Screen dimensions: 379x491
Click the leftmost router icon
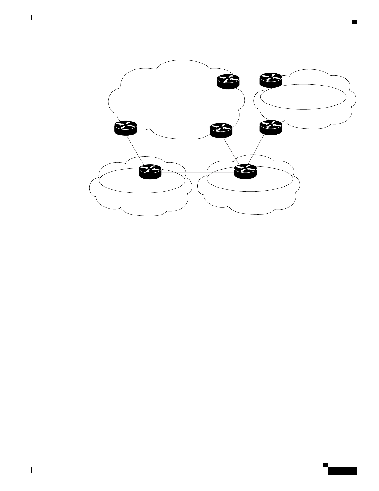pyautogui.click(x=125, y=128)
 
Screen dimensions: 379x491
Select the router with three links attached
pyautogui.click(x=246, y=171)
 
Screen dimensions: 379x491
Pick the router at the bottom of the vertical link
pyautogui.click(x=271, y=127)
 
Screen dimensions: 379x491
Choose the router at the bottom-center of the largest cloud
pyautogui.click(x=220, y=130)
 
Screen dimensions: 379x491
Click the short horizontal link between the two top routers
pyautogui.click(x=250, y=80)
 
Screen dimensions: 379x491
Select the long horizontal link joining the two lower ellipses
pyautogui.click(x=198, y=173)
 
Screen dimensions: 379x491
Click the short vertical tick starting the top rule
pyautogui.click(x=32, y=17)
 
